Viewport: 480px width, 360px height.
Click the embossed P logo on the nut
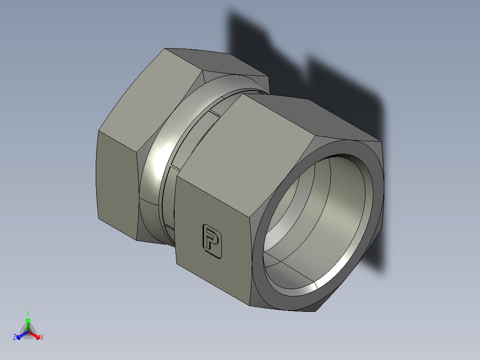212,241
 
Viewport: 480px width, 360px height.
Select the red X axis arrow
34,335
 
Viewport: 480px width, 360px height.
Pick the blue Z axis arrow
22,335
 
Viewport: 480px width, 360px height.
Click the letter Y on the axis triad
28,314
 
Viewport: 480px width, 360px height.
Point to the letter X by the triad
42,338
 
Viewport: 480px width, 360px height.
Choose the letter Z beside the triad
14,337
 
